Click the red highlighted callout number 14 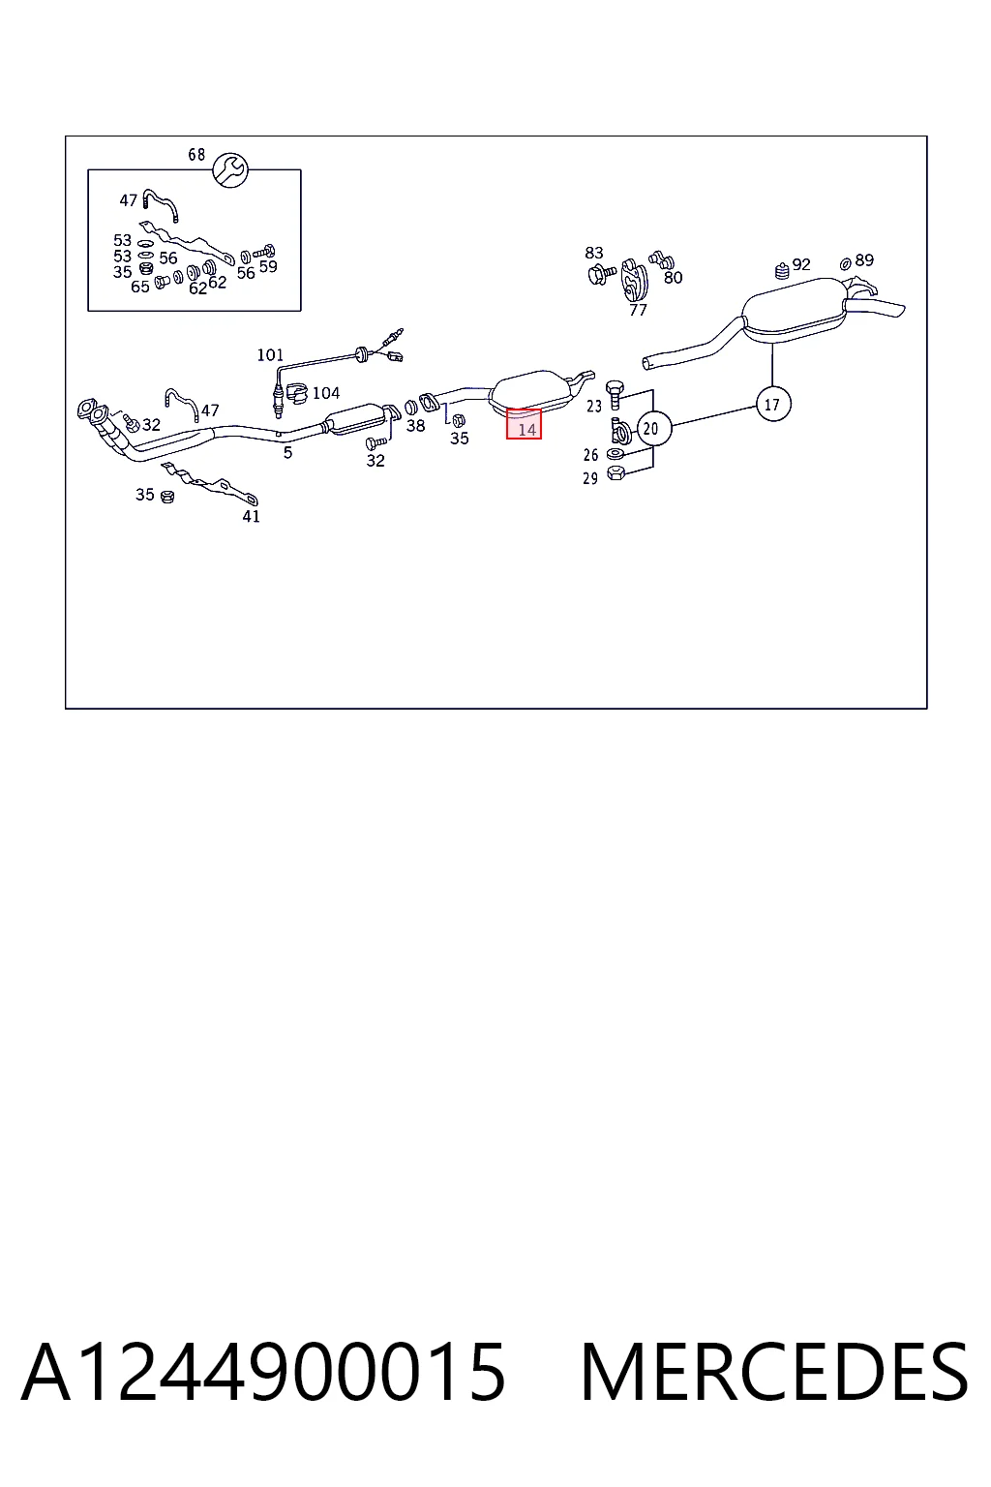(524, 424)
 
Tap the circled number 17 (773, 404)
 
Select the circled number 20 (654, 428)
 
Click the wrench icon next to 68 (230, 170)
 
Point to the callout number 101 (270, 355)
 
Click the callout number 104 (326, 393)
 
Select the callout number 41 (251, 516)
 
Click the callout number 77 (638, 310)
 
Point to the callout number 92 (801, 264)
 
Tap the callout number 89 (864, 260)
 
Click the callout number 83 (594, 253)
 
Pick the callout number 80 (673, 278)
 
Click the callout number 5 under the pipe (287, 453)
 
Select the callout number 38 (415, 426)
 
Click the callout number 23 (594, 406)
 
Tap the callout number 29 (590, 478)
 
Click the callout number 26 (590, 455)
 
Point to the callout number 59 (268, 266)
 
